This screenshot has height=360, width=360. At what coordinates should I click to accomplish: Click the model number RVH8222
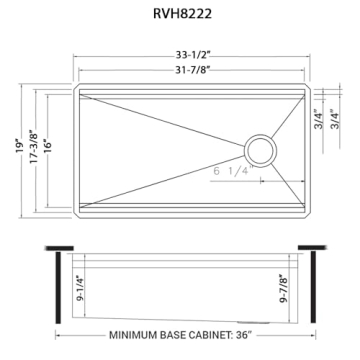182,16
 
